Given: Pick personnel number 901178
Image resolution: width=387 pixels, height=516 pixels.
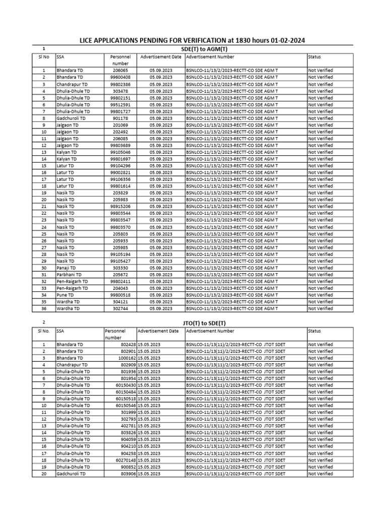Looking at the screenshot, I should [121, 118].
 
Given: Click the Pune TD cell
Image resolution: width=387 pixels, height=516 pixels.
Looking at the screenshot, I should [64, 295].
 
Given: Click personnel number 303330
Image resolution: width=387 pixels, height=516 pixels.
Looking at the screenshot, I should [121, 268].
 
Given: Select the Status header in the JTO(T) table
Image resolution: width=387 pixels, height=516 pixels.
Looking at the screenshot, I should [314, 331].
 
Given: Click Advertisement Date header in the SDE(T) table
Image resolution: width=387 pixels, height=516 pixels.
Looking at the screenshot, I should [161, 57].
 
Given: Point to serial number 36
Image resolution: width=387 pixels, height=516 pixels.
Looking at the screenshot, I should [44, 308].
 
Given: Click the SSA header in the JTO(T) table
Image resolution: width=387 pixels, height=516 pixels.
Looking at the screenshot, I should [60, 331].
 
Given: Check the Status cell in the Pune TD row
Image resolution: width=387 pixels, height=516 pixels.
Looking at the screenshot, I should [320, 295].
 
